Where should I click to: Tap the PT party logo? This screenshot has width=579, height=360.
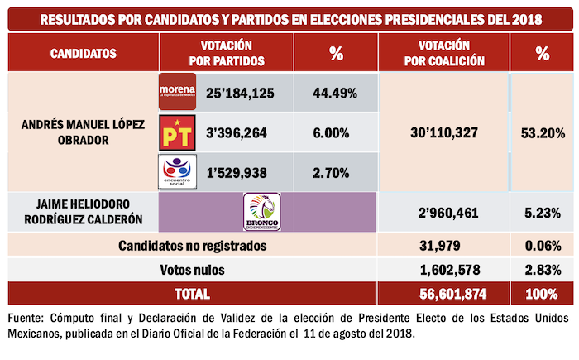[176, 132]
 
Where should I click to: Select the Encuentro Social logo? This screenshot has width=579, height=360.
[176, 171]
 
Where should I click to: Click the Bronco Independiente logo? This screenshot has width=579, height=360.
[261, 211]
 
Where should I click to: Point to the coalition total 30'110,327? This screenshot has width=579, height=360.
[444, 132]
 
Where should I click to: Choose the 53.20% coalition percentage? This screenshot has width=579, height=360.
[542, 132]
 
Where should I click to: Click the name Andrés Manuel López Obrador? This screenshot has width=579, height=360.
[83, 132]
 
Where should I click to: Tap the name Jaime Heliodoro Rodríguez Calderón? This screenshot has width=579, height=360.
[83, 212]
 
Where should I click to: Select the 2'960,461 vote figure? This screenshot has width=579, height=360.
[444, 212]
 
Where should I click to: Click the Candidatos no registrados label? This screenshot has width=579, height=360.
[192, 246]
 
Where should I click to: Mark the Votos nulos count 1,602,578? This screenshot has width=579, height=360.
[444, 270]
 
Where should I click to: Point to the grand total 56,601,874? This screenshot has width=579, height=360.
[444, 294]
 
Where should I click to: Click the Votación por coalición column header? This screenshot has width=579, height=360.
[444, 54]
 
